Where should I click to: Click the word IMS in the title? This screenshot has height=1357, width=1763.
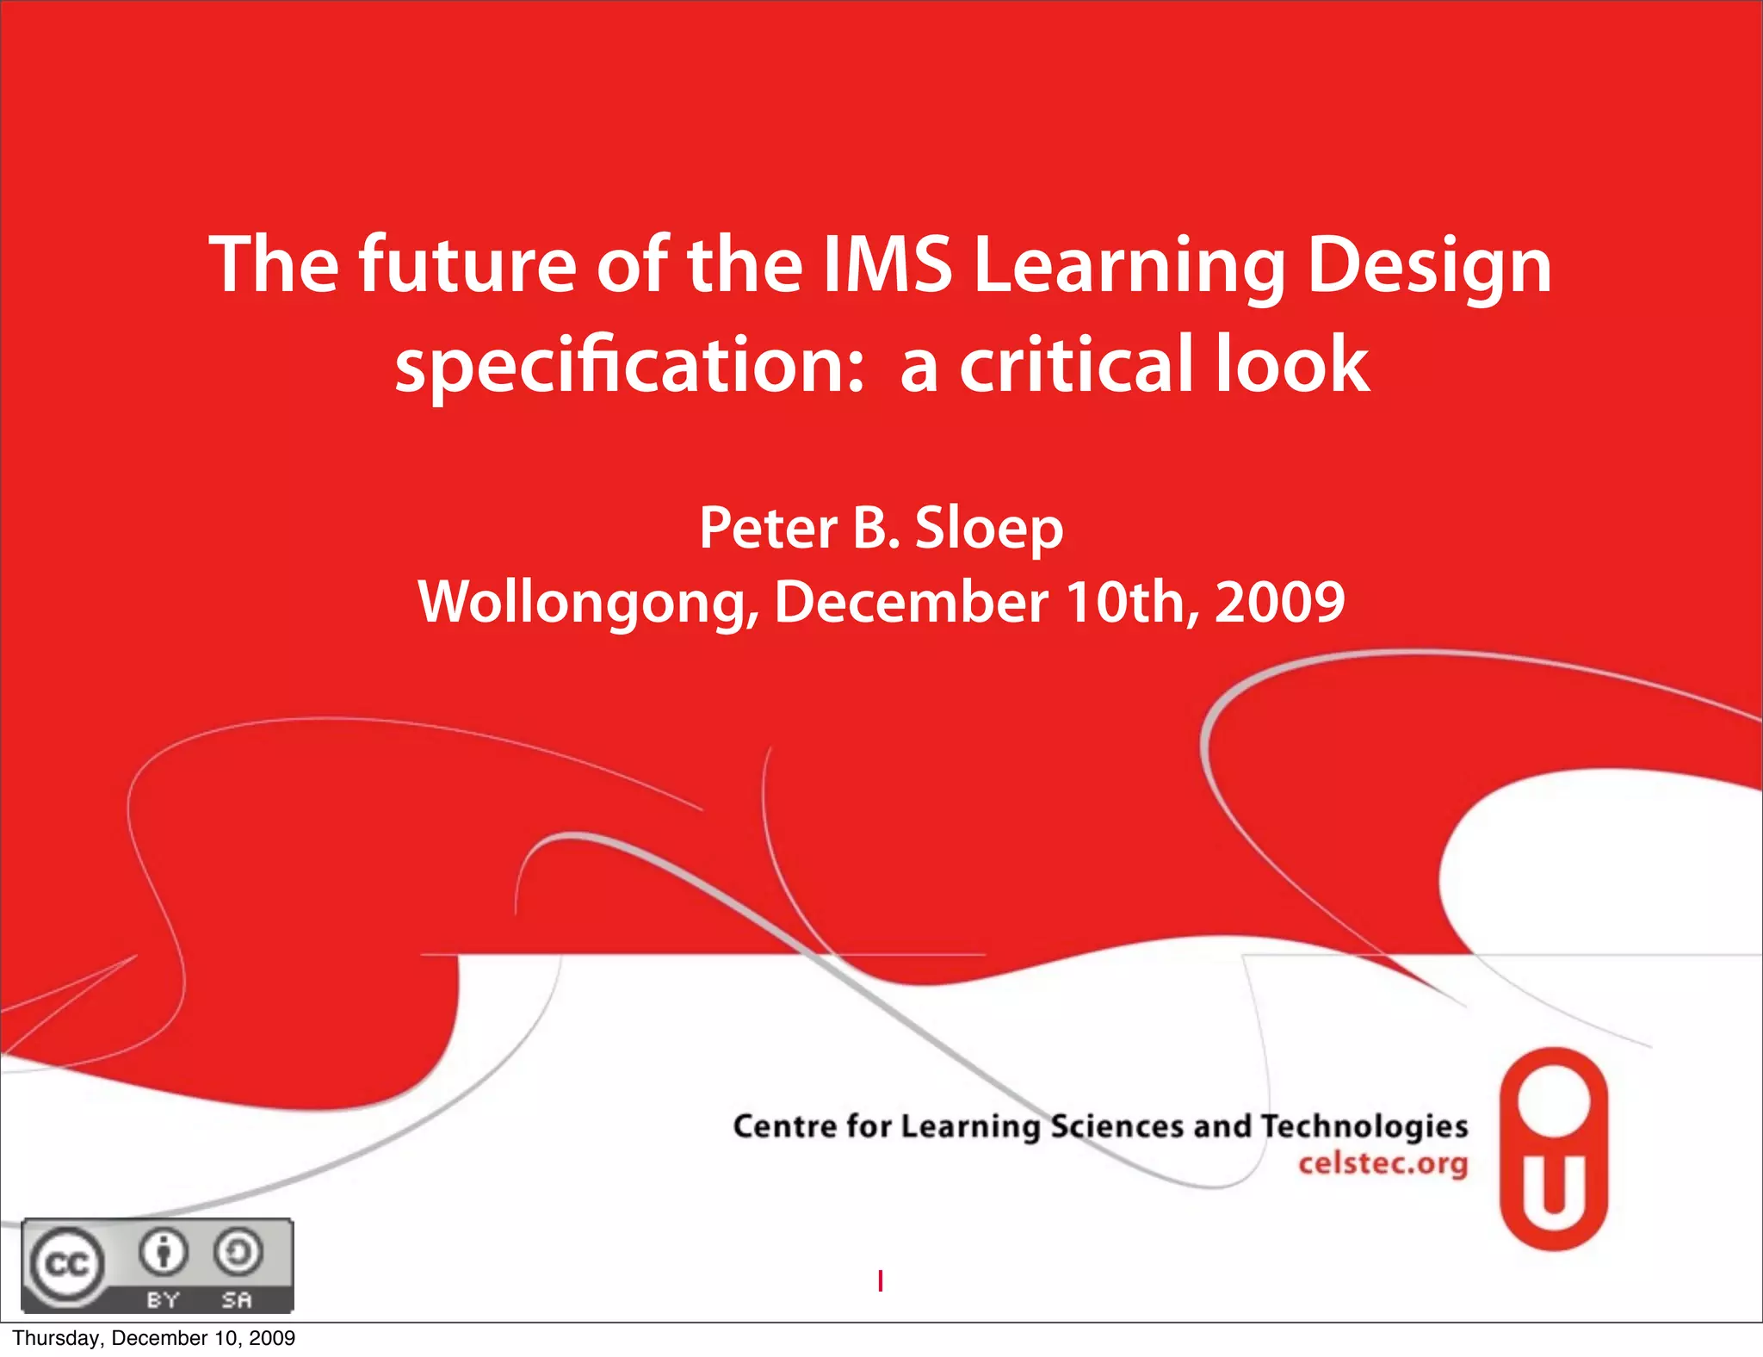coord(888,265)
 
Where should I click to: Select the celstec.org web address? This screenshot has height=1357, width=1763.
coord(1383,1163)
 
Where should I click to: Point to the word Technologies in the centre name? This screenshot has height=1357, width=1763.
coord(1364,1126)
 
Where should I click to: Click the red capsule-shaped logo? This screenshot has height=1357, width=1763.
coord(1554,1149)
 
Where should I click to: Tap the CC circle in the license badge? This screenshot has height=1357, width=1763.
coord(66,1265)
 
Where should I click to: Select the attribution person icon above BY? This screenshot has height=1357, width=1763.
coord(164,1252)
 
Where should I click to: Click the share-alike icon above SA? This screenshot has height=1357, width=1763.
coord(238,1252)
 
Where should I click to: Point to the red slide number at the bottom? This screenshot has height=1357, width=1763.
coord(880,1281)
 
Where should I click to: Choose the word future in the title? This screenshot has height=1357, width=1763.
coord(467,265)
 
